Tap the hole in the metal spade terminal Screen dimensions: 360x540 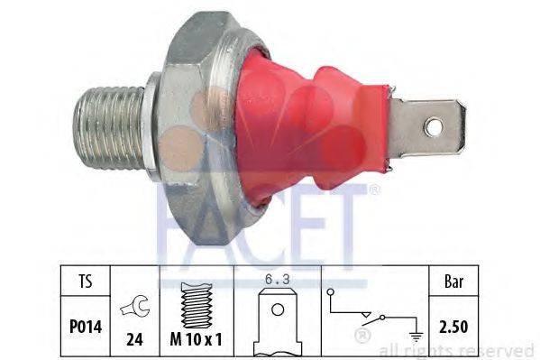coord(434,127)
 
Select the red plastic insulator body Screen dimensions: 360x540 coord(297,126)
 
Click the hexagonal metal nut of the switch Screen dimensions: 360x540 coord(203,126)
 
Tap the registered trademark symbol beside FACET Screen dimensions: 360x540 coord(374,190)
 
